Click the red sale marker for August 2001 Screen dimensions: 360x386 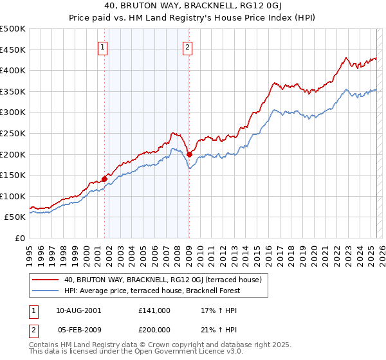coord(104,179)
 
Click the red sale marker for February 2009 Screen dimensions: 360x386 coord(190,154)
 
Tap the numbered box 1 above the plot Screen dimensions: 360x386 coord(104,46)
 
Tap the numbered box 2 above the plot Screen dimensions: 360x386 coord(187,46)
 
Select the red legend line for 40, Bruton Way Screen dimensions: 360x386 coord(46,280)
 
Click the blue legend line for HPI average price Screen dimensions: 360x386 coord(46,291)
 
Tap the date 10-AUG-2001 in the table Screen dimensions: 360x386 coord(78,310)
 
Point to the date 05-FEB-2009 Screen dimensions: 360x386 coord(78,329)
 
